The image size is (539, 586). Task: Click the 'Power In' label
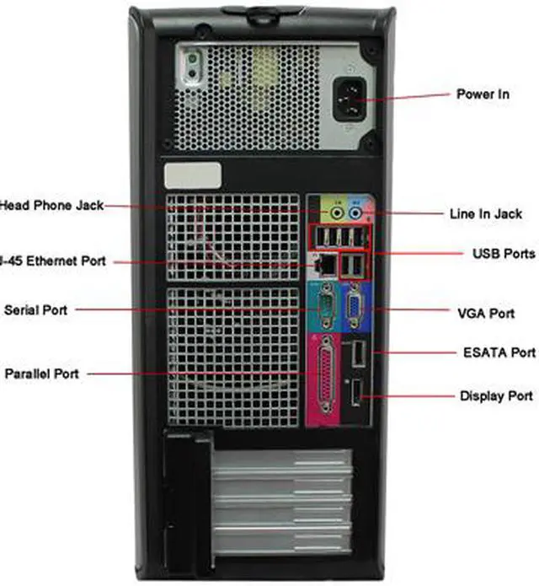tap(482, 94)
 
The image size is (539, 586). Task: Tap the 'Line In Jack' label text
tap(485, 214)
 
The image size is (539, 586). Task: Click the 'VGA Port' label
tap(485, 314)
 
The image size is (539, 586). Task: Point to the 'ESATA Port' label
tap(499, 352)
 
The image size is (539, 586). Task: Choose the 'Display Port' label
tap(495, 395)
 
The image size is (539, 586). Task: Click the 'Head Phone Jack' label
tap(51, 205)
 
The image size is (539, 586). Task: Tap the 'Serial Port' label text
tap(35, 310)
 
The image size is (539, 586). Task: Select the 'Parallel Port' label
tap(41, 373)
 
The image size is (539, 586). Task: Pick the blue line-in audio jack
tap(356, 213)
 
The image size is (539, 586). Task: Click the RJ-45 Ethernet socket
tap(323, 264)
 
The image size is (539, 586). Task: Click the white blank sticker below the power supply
tap(193, 176)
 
